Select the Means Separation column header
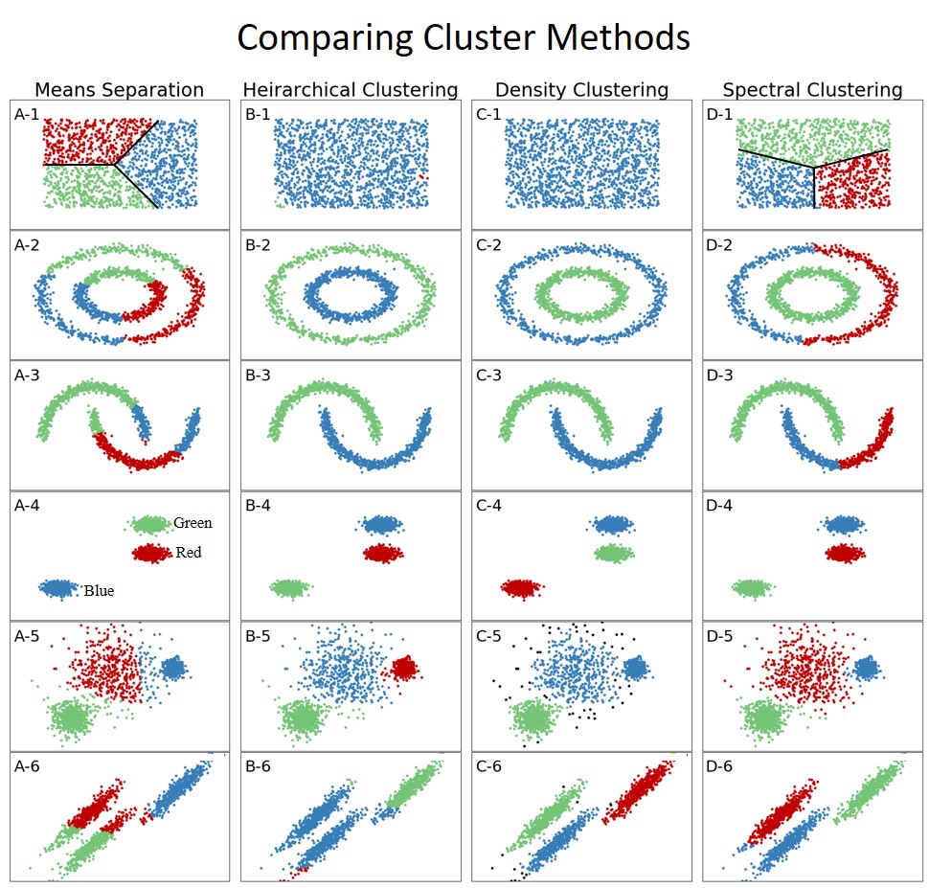click(119, 90)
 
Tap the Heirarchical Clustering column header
click(351, 90)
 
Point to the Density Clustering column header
click(580, 90)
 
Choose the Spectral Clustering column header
click(812, 90)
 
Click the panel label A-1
click(27, 114)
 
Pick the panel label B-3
click(258, 374)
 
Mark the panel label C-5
click(488, 635)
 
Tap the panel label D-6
click(719, 765)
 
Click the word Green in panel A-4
click(193, 523)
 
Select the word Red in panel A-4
click(189, 553)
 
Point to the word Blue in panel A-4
click(99, 590)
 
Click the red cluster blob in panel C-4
click(522, 588)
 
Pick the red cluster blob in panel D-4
click(844, 553)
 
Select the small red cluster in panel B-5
click(404, 667)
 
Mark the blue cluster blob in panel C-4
click(613, 524)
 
